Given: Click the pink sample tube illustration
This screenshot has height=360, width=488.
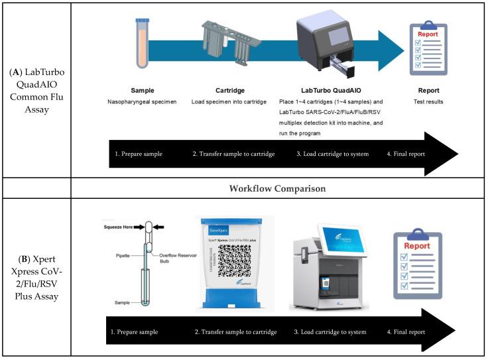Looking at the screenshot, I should (143, 44).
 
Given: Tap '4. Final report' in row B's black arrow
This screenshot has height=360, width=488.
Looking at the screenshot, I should (405, 332).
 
